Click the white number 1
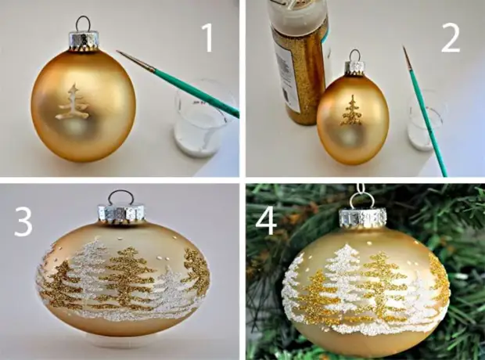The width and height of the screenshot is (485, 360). point(208,38)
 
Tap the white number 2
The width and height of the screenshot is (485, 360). point(451,38)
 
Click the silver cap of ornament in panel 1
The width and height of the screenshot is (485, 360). point(82,41)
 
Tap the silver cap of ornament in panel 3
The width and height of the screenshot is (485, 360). point(121,213)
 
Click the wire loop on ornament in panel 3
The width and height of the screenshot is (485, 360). point(121,197)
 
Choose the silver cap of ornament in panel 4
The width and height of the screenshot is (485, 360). point(362,219)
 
